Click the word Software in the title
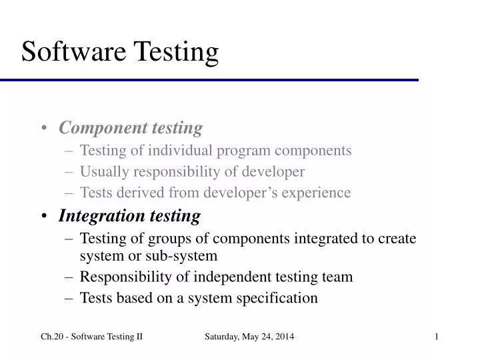coord(73,52)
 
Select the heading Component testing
coord(131,127)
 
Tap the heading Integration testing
coord(129,216)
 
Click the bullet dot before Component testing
coord(43,128)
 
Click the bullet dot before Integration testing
coord(43,217)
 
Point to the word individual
coord(175,151)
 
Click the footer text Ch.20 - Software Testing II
coord(92,337)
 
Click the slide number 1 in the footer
coord(437,337)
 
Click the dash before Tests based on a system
coord(70,298)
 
